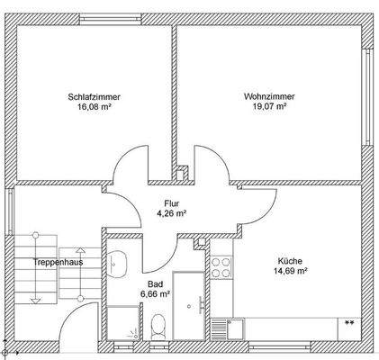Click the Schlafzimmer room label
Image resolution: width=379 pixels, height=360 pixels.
point(94,96)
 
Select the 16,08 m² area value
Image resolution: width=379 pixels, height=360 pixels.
point(94,107)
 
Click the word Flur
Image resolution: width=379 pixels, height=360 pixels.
point(171,203)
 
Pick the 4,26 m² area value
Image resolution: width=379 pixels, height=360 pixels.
point(171,214)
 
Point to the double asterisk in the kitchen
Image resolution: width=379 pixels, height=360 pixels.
point(348,321)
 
